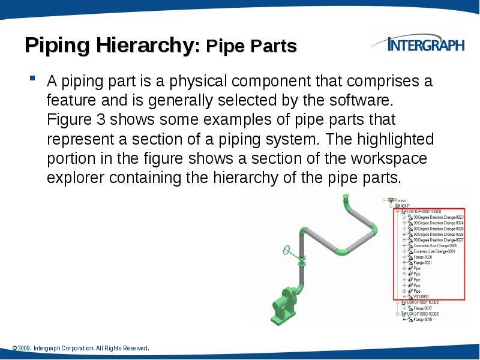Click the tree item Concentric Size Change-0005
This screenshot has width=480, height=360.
coord(435,245)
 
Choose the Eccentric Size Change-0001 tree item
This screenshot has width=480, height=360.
coord(434,251)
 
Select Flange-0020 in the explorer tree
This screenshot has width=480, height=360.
coord(423,257)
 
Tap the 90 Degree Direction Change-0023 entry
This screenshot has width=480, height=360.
coord(439,217)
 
